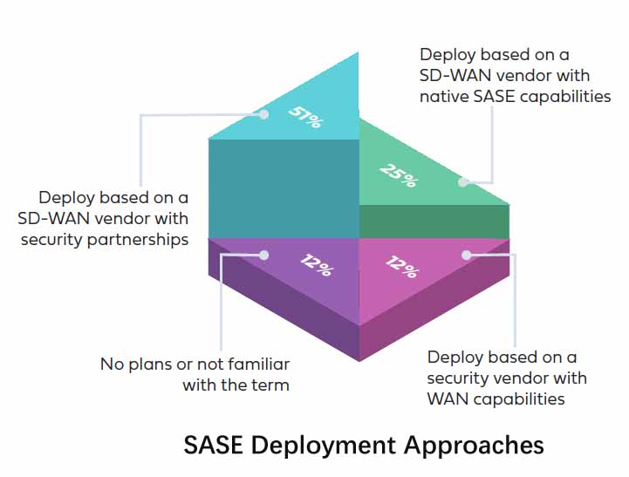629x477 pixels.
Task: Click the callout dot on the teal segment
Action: click(x=263, y=112)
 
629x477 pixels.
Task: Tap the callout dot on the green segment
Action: click(x=464, y=182)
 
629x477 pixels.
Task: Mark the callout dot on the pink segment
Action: click(x=467, y=255)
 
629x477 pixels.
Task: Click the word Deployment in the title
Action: click(x=324, y=446)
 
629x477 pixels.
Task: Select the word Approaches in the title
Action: click(x=473, y=446)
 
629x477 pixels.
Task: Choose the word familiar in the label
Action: click(x=260, y=364)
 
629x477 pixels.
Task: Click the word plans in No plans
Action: click(x=147, y=364)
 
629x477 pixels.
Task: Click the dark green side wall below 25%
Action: click(x=434, y=221)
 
